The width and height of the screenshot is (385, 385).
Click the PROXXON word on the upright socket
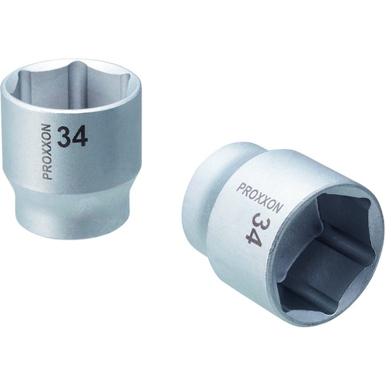(48, 151)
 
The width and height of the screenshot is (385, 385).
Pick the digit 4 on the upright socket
(83, 137)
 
